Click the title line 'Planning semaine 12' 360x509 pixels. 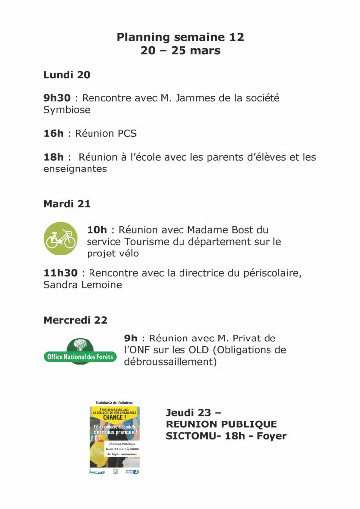(180, 37)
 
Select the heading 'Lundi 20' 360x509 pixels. (67, 75)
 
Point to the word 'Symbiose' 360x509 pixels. (67, 110)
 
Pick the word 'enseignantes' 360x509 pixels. (75, 169)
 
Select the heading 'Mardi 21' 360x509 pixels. (67, 204)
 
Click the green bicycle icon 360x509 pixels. (61, 239)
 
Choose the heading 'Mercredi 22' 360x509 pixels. (75, 320)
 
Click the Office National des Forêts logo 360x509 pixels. (80, 351)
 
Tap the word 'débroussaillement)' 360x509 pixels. (171, 362)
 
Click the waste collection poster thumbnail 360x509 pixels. (114, 436)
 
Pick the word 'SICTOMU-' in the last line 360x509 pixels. (188, 436)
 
